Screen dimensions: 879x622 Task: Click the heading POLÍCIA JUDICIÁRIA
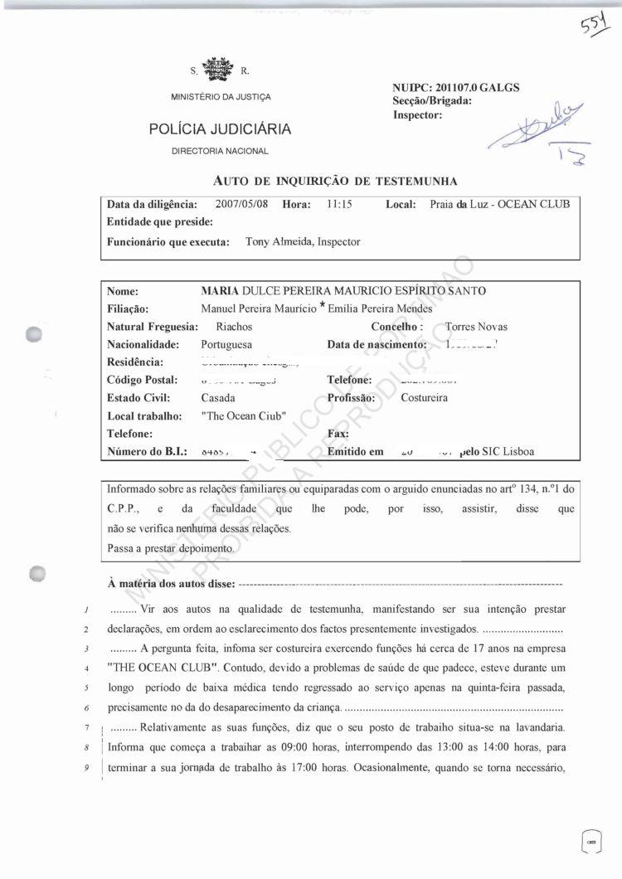pos(220,129)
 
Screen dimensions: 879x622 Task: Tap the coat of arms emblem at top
pos(219,70)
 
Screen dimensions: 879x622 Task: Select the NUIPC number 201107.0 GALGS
pos(456,88)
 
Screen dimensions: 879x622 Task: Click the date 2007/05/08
pos(241,204)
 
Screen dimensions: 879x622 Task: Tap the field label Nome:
pos(122,291)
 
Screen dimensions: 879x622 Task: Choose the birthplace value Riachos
pos(234,327)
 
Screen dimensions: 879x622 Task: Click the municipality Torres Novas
pos(476,327)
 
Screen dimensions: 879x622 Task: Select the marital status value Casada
pos(217,397)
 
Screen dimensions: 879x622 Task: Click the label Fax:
pos(338,434)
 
